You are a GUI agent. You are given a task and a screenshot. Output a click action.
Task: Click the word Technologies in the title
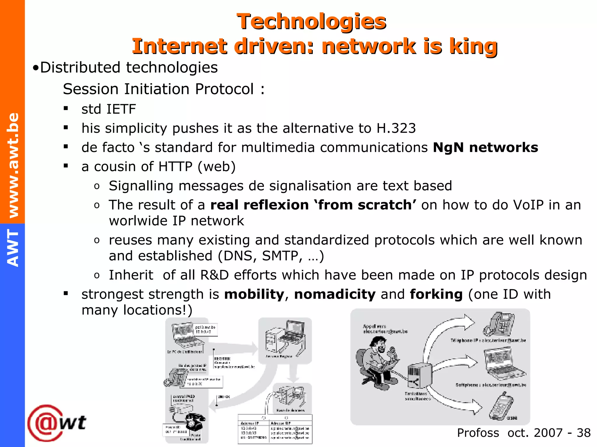[311, 22]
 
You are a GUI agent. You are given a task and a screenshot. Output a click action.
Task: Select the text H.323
[396, 128]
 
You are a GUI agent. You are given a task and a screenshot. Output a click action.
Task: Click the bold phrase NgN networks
[485, 148]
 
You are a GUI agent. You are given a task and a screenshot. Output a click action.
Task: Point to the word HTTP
[175, 167]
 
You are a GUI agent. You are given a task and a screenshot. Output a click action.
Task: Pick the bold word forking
[436, 294]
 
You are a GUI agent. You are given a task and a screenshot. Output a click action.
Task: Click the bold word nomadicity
[335, 294]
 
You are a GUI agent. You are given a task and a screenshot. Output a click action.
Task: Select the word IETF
[121, 109]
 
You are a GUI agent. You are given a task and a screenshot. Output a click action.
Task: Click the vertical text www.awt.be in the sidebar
[13, 165]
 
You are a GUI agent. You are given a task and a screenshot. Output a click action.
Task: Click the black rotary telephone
[195, 423]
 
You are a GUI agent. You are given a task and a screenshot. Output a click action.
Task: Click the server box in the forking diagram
[419, 375]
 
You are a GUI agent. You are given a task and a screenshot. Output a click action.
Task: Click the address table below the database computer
[275, 430]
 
